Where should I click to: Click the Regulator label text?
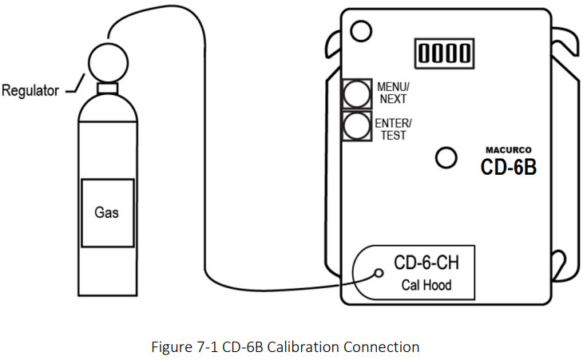point(30,90)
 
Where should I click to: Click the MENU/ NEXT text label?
point(392,93)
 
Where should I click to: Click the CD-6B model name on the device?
point(508,168)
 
